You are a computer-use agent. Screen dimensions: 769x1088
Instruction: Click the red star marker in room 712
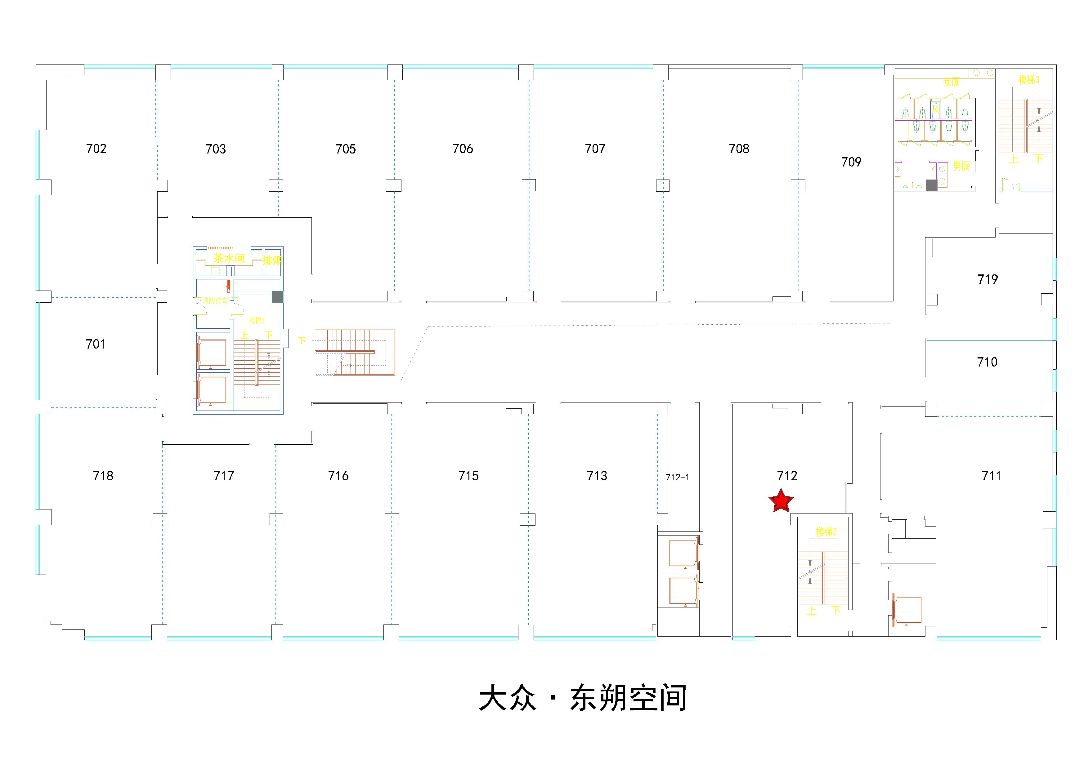click(x=781, y=501)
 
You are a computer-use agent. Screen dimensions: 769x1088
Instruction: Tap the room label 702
click(x=96, y=149)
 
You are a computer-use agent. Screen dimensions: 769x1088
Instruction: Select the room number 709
click(x=851, y=162)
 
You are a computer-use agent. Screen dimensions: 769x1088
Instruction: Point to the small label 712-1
click(x=677, y=477)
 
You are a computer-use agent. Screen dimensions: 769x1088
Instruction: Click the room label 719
click(x=987, y=279)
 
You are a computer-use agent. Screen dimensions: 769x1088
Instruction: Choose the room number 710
click(x=987, y=362)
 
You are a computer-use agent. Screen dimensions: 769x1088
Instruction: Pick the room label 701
click(x=95, y=344)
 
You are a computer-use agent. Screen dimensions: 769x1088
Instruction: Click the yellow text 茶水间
click(x=229, y=258)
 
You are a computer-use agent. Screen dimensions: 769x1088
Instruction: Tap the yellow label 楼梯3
click(x=1029, y=80)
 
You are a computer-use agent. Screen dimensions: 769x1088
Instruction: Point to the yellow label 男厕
click(x=961, y=166)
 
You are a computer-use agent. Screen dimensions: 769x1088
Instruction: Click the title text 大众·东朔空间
click(x=583, y=697)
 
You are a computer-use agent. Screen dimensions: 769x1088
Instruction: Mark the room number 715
click(x=468, y=476)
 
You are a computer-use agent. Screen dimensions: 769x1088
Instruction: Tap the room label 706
click(x=463, y=149)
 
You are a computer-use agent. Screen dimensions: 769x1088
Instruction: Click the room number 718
click(x=103, y=476)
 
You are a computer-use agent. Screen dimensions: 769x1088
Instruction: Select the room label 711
click(x=991, y=476)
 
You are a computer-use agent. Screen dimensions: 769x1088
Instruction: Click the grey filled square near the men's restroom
click(x=931, y=185)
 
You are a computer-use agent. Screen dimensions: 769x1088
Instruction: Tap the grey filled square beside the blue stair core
click(x=277, y=297)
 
